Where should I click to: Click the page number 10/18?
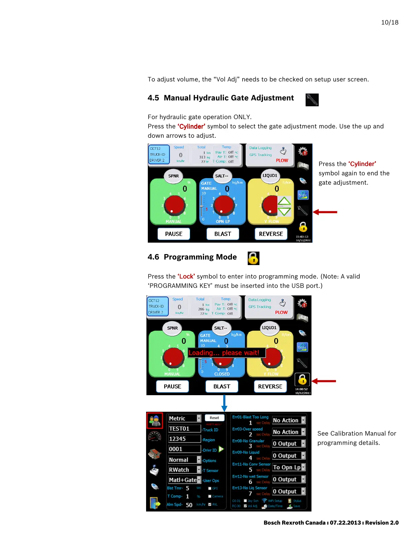389,22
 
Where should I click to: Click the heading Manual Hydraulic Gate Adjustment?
229,98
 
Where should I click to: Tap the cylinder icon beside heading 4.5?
312,100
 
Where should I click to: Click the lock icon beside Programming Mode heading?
253,258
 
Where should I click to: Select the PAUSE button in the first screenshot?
174,234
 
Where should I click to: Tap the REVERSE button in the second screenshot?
270,386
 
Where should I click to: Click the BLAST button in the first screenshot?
223,234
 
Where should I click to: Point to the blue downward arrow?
224,403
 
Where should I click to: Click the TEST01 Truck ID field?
184,429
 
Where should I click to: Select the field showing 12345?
184,439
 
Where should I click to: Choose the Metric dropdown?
184,418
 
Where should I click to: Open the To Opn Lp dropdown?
288,467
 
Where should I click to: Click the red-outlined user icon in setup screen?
155,420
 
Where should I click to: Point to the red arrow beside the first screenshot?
325,212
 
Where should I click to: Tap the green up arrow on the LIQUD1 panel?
284,201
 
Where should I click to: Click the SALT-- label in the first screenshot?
222,176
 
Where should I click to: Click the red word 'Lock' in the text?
186,276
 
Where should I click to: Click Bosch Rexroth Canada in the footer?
294,523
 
